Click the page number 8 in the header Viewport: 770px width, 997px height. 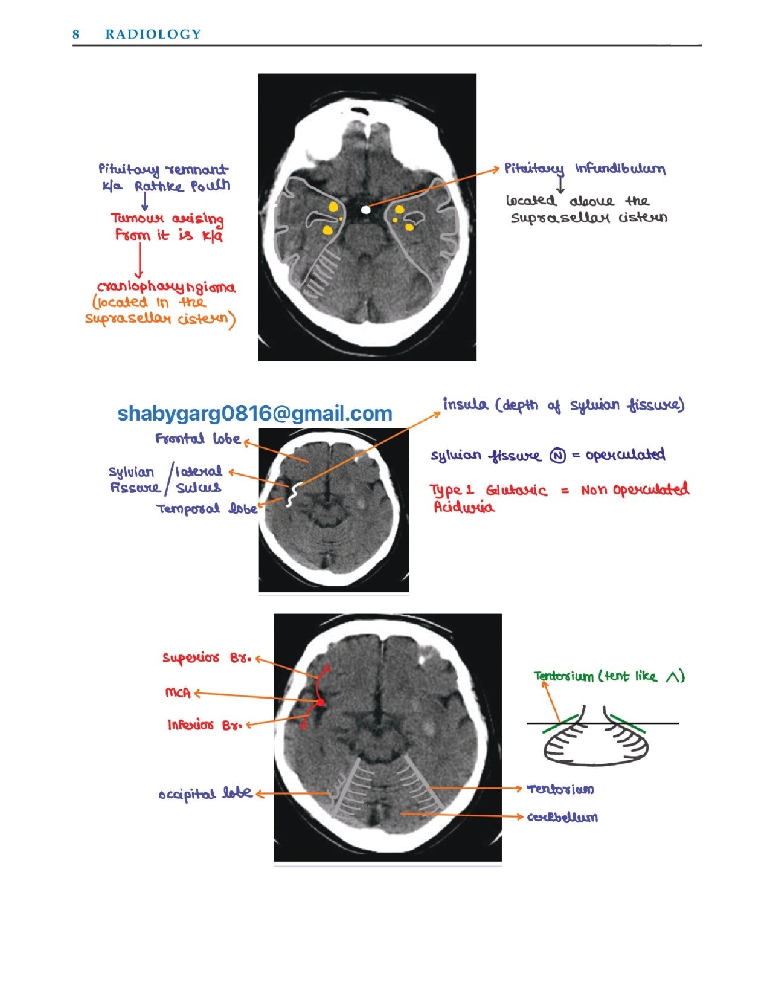[x=75, y=34]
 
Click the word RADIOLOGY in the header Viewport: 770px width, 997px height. [x=153, y=34]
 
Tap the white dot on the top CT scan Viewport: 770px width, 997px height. [x=365, y=210]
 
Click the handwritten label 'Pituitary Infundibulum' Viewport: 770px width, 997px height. [x=585, y=169]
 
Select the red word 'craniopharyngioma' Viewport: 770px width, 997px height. [x=166, y=288]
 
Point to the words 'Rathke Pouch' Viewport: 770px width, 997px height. [x=182, y=186]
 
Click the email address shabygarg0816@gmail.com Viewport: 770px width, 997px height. [x=254, y=413]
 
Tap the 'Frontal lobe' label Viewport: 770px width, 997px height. [x=197, y=439]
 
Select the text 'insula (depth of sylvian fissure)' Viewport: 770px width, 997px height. [x=563, y=405]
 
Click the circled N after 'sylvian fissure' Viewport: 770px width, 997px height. [x=557, y=456]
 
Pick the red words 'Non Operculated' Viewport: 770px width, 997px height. [x=634, y=489]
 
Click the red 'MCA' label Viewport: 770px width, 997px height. [x=178, y=692]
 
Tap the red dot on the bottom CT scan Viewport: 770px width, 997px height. [x=320, y=702]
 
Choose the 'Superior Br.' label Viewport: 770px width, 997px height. [x=206, y=658]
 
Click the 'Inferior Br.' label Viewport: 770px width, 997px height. [x=205, y=724]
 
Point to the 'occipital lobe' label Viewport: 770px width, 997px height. [x=205, y=793]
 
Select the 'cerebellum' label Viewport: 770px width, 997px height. [x=562, y=817]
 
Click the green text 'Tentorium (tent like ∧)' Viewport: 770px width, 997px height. [x=609, y=676]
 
